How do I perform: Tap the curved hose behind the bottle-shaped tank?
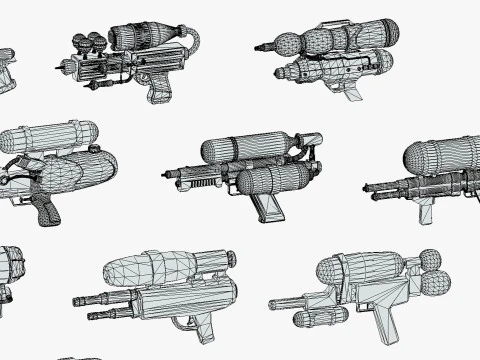pyautogui.click(x=192, y=42)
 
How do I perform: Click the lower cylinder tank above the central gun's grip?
pyautogui.click(x=274, y=179)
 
